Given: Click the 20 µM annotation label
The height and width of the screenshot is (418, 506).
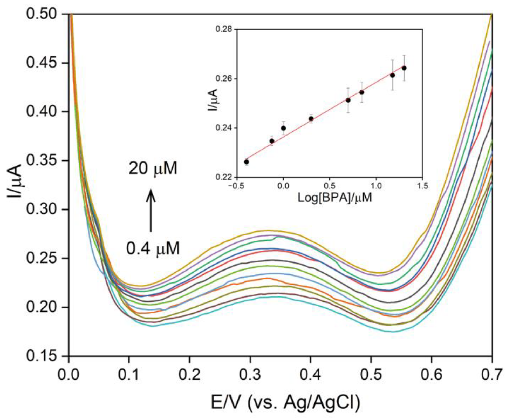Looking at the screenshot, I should tap(153, 169).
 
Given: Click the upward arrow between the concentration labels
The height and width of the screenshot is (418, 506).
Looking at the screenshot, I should tap(151, 210).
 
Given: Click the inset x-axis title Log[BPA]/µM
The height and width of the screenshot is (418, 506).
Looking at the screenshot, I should tap(334, 198).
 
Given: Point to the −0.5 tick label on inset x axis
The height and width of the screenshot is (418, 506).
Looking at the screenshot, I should tap(235, 186).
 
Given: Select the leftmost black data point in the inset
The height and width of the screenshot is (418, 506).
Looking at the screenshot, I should tap(247, 162).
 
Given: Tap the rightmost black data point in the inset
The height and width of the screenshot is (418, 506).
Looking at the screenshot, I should tap(404, 68).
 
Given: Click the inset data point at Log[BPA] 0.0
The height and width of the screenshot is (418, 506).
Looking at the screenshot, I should tap(283, 128).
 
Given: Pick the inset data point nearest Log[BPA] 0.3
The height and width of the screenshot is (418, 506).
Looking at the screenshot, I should tap(311, 119).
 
